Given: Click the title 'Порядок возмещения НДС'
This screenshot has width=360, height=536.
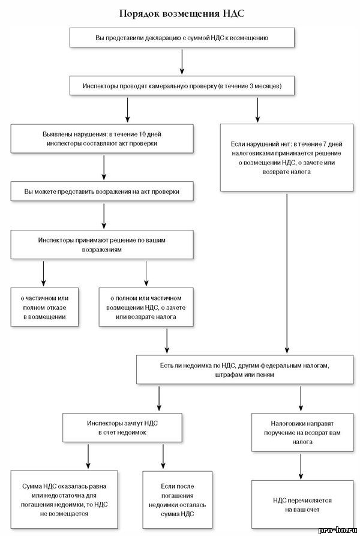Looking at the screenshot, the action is [x=182, y=14].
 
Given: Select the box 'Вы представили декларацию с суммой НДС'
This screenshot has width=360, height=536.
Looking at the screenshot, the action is [x=182, y=38].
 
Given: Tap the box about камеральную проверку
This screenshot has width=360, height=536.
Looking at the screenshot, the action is [x=182, y=86].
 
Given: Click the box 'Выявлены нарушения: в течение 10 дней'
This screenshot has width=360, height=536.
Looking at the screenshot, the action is [x=102, y=139].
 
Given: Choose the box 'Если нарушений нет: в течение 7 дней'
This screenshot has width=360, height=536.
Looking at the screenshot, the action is [x=287, y=158].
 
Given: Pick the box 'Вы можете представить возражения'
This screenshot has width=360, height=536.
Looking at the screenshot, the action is [x=102, y=191].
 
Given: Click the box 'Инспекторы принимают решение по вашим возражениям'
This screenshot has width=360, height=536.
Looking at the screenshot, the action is [x=102, y=244].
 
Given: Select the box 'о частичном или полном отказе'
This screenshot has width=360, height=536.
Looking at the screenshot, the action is [x=44, y=307].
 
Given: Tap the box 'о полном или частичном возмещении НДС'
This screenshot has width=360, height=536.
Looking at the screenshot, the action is [x=146, y=307].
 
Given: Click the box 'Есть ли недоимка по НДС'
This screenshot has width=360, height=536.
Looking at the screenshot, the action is [x=245, y=370].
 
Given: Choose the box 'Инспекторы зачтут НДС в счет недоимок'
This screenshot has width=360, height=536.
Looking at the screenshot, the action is [x=122, y=427].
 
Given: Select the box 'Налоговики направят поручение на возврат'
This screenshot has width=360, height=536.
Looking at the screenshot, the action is [x=302, y=432].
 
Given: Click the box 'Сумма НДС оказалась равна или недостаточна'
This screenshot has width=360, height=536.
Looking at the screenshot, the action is [x=64, y=499].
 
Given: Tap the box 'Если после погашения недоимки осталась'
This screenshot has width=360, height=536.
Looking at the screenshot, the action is [x=177, y=500].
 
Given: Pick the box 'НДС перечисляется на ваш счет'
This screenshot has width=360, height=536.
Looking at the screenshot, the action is [x=302, y=505].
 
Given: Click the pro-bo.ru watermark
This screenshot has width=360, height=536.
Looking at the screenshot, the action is [x=338, y=530].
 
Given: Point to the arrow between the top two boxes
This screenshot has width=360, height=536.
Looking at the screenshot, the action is [x=182, y=62].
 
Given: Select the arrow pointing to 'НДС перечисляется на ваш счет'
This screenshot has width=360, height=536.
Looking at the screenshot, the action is [x=301, y=466].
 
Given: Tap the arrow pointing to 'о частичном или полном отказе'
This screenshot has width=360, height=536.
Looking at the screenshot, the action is [x=43, y=274].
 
